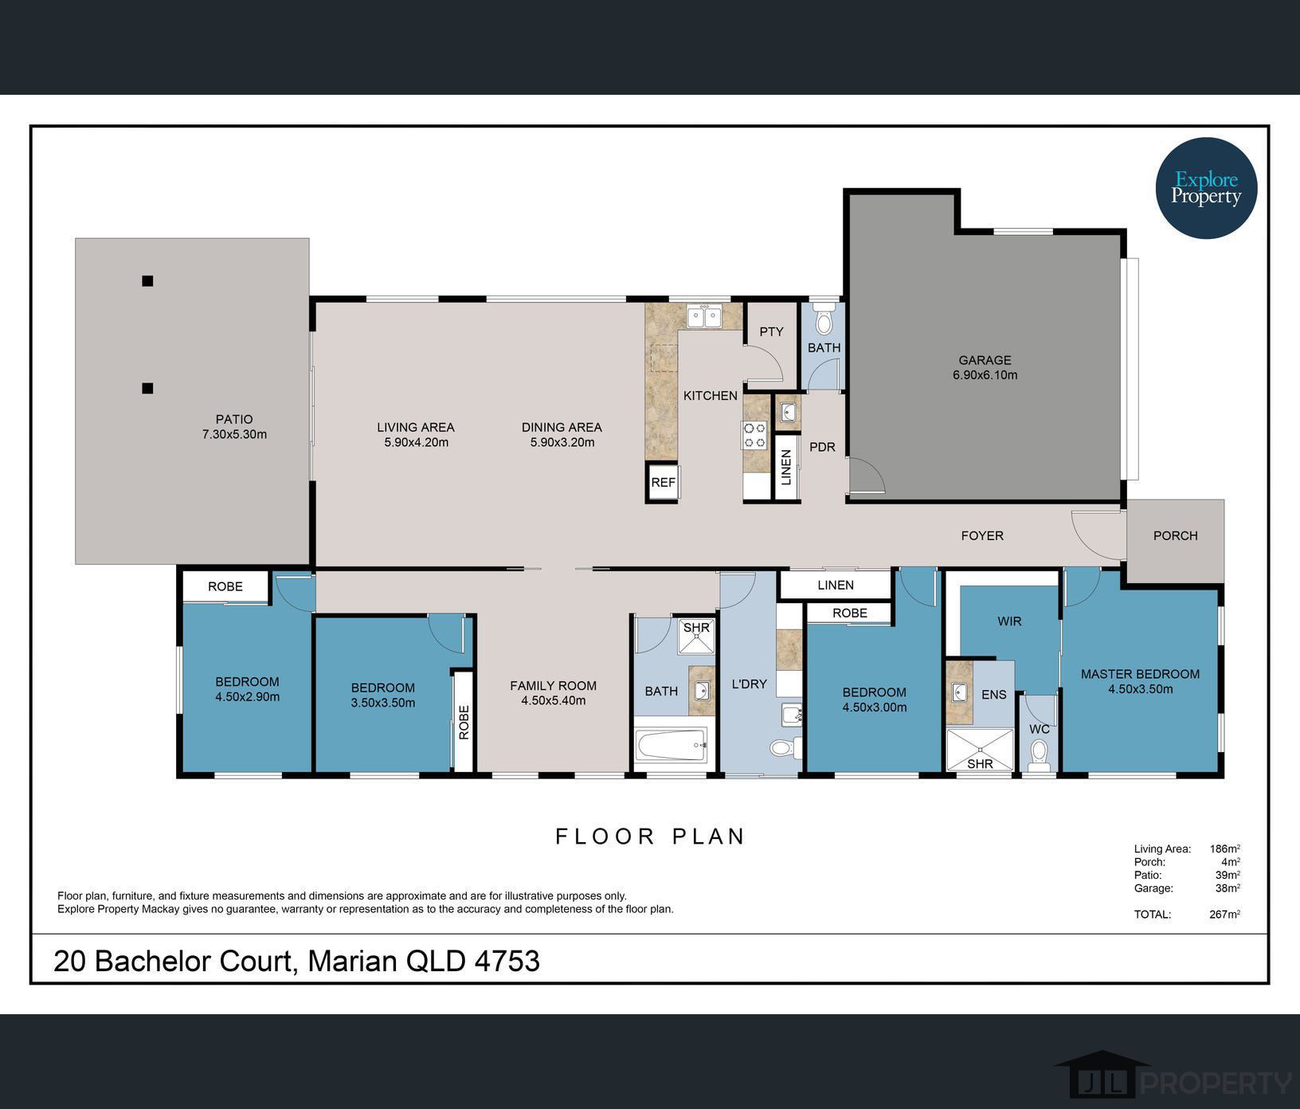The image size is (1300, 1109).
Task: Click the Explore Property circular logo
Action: click(1206, 188)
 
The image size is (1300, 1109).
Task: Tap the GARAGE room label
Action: click(985, 360)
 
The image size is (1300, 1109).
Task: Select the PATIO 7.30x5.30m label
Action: click(234, 426)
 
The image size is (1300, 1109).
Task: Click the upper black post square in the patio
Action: click(147, 280)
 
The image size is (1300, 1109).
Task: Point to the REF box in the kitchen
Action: click(663, 482)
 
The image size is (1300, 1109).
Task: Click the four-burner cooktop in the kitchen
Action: click(754, 435)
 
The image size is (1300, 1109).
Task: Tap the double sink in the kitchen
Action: click(704, 316)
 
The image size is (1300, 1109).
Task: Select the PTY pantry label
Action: click(771, 331)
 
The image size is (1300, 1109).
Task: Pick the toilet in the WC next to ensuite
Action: click(1039, 753)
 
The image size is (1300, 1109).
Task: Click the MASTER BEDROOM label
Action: click(1140, 674)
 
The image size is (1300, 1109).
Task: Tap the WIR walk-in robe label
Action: click(1009, 621)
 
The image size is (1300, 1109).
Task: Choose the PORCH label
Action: click(1175, 535)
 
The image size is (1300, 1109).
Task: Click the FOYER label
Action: click(982, 535)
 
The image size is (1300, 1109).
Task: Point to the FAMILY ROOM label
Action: click(553, 685)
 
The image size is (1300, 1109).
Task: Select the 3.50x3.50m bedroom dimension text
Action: click(383, 703)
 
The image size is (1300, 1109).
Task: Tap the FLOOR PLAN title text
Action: click(650, 837)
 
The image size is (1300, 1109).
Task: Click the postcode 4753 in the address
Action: click(507, 961)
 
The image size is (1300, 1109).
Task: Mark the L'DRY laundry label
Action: click(749, 684)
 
